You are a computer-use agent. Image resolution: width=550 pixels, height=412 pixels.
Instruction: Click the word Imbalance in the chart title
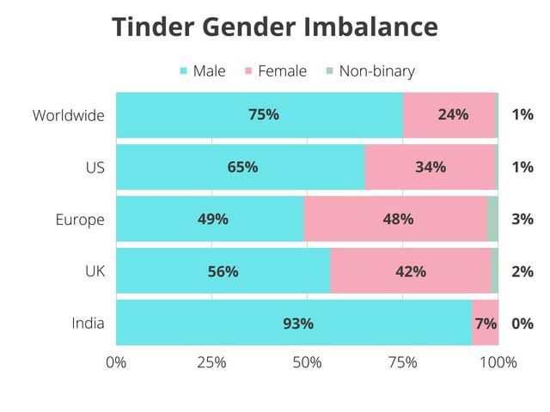370,27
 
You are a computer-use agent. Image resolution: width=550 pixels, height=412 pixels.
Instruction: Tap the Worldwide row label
69,115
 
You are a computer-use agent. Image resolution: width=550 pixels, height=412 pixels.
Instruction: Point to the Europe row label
80,219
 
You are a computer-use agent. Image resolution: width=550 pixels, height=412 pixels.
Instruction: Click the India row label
88,324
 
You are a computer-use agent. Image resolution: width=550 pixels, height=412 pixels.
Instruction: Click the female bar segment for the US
430,167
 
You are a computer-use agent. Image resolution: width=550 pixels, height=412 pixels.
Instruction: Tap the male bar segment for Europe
210,219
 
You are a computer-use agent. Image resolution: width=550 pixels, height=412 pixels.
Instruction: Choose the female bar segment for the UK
410,271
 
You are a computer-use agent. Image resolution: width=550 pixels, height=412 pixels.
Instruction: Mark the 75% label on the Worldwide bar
264,115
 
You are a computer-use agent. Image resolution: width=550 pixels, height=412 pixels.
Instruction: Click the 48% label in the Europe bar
398,219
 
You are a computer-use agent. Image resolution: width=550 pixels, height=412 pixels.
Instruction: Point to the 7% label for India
486,324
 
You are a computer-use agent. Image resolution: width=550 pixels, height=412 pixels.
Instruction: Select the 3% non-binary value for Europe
522,219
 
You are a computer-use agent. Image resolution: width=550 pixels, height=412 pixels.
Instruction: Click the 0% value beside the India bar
522,324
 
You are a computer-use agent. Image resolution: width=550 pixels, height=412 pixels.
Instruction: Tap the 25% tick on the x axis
211,362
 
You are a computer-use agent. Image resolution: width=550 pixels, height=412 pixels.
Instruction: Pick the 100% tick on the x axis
498,362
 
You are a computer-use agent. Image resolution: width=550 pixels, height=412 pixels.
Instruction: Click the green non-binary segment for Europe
492,219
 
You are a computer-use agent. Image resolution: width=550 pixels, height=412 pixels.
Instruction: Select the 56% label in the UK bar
223,271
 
